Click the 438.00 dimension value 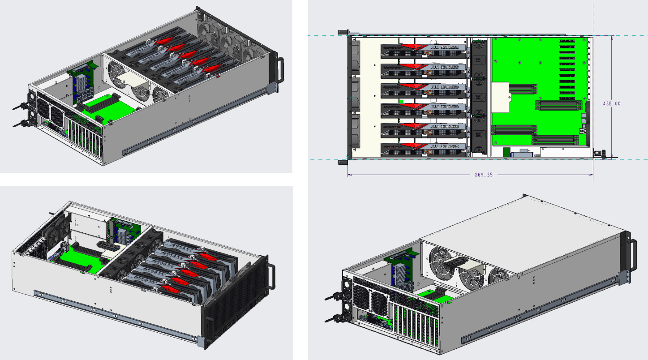612,103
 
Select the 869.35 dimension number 484,175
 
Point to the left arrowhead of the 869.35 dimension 350,175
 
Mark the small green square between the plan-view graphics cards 401,102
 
